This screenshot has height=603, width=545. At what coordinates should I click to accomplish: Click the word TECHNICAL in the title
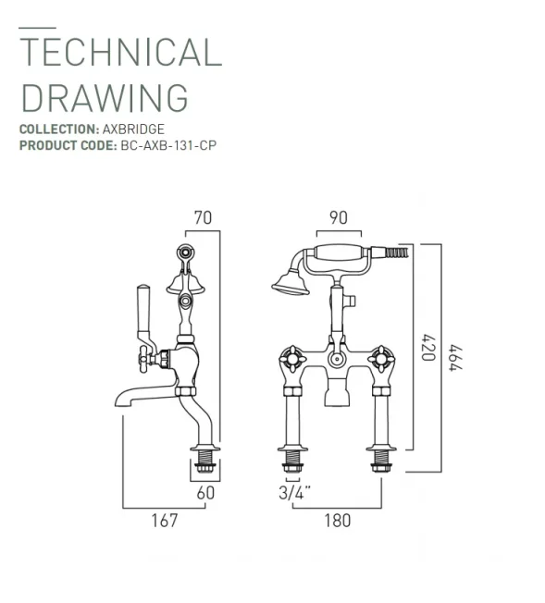[x=120, y=54]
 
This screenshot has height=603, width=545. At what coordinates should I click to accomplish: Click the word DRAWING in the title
[x=104, y=97]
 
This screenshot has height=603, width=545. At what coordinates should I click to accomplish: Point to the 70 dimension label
[x=204, y=217]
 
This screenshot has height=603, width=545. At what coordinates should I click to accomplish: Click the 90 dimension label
[x=338, y=217]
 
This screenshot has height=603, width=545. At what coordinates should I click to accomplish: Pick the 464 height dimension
[x=455, y=358]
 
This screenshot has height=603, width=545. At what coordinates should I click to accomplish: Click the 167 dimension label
[x=163, y=521]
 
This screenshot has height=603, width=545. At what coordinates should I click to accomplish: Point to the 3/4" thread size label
[x=293, y=493]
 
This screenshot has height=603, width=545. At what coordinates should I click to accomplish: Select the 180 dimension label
[x=338, y=521]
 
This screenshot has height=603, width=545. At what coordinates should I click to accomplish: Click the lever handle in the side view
[x=145, y=310]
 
